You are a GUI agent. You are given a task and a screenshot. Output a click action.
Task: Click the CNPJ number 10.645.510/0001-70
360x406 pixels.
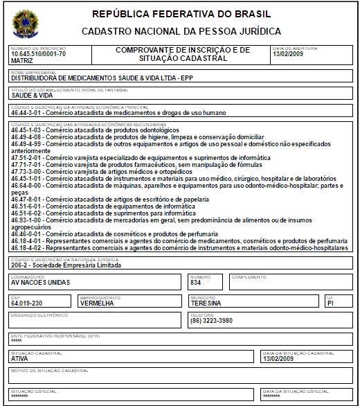[39, 53]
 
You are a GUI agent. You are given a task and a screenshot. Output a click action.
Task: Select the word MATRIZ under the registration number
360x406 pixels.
[22, 60]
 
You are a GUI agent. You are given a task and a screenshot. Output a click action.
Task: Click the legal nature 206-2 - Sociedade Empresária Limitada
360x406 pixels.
[66, 265]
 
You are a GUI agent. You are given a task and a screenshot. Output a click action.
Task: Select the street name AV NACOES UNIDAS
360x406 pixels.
[40, 283]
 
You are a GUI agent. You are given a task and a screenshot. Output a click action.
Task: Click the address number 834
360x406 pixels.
[196, 283]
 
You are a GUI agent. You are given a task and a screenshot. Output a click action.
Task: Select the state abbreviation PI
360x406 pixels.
[330, 303]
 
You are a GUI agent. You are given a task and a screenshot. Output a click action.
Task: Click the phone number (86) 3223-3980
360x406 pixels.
[212, 320]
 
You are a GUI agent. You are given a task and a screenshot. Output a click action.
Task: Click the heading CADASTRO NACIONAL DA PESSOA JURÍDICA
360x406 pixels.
[181, 31]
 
